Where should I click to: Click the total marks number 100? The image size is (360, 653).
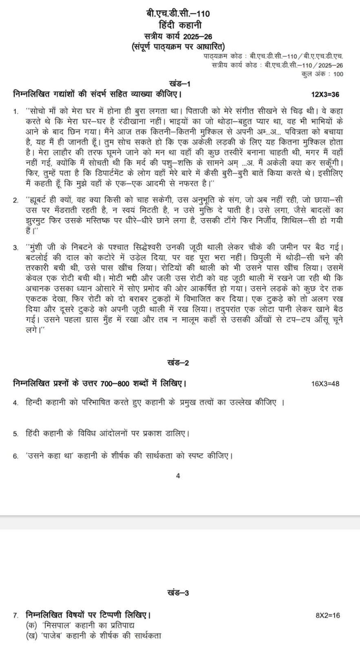point(338,74)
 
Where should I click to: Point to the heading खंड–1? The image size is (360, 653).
point(180,84)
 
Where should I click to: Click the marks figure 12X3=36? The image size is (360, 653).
point(325,95)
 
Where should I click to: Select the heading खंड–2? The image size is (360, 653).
point(178,363)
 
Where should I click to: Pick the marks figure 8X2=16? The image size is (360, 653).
point(328,615)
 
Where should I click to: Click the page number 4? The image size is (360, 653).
point(178,475)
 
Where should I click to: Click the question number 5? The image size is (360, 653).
point(15,434)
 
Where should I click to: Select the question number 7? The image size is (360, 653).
point(15,615)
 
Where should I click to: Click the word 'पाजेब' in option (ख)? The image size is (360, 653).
point(53,635)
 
